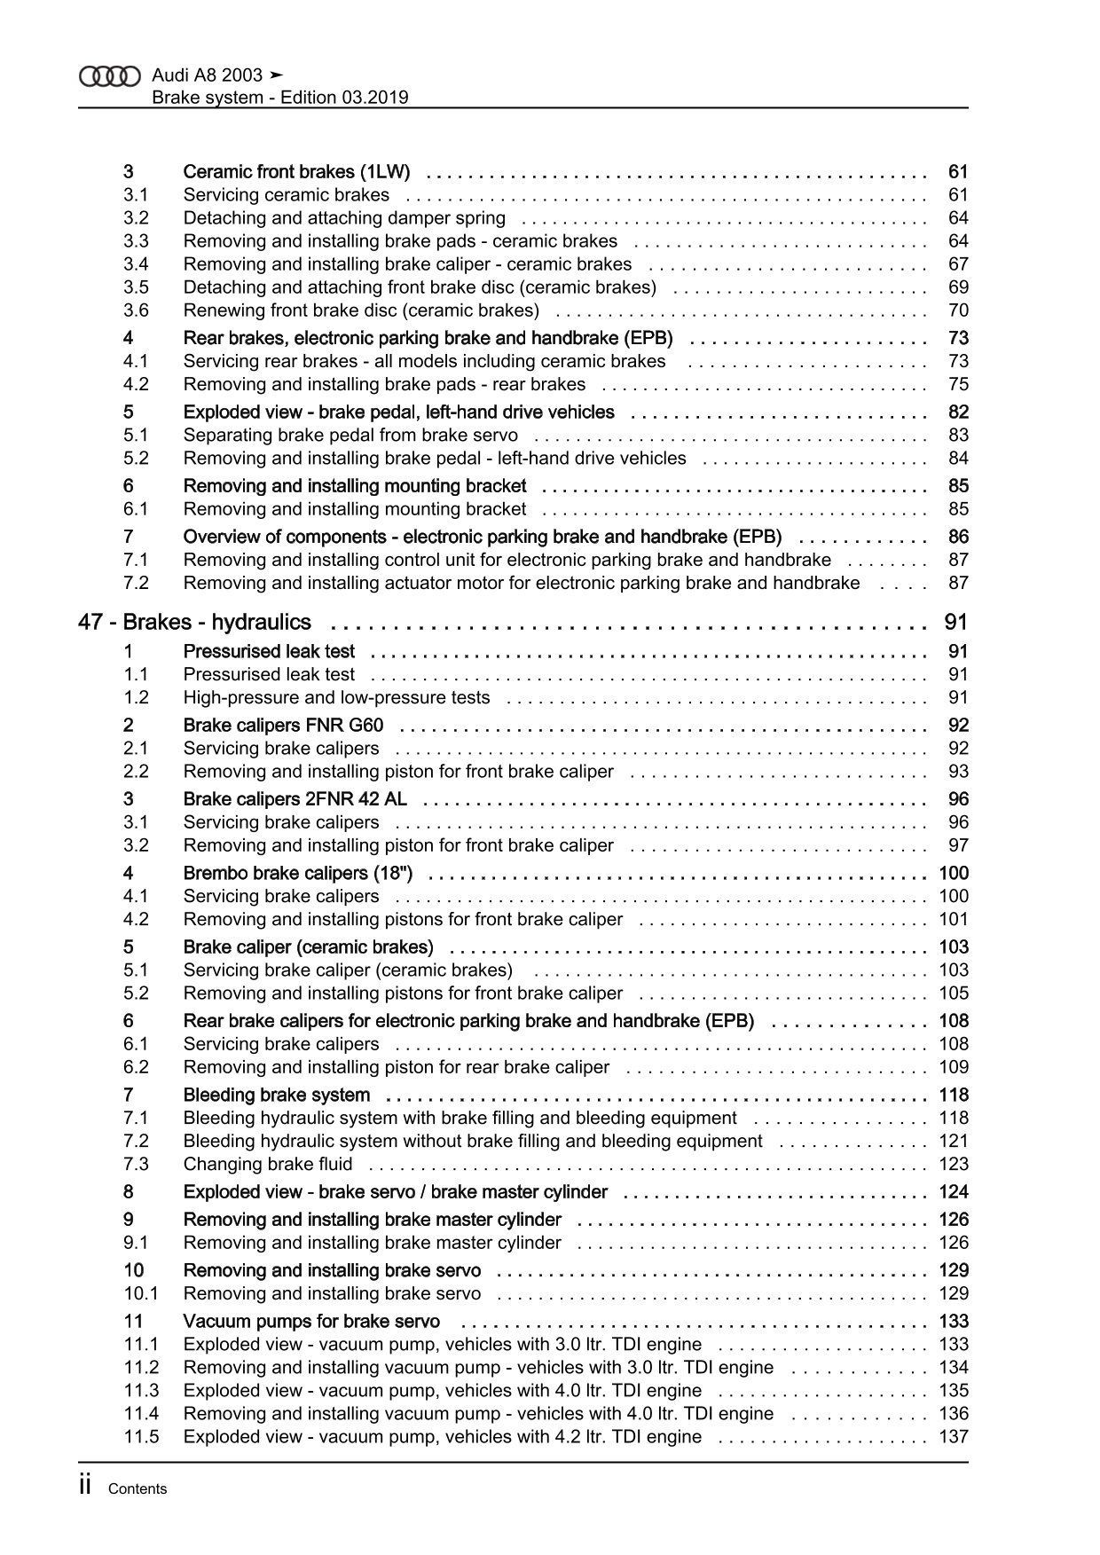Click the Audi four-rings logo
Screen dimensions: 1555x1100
pyautogui.click(x=110, y=77)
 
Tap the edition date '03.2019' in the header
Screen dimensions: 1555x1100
pyautogui.click(x=373, y=98)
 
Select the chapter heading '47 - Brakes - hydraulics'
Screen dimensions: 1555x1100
pyautogui.click(x=194, y=622)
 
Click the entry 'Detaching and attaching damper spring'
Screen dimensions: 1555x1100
pyautogui.click(x=344, y=218)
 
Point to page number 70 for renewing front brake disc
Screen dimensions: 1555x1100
pyautogui.click(x=958, y=310)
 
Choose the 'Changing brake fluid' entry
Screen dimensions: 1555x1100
pyautogui.click(x=268, y=1164)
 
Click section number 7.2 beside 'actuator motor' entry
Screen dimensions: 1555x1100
pyautogui.click(x=136, y=583)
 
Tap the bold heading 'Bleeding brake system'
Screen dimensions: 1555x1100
pyautogui.click(x=277, y=1095)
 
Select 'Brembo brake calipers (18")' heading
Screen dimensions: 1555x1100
pyautogui.click(x=298, y=873)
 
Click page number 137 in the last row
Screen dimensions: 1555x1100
pyautogui.click(x=954, y=1436)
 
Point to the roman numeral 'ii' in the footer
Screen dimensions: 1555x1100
pyautogui.click(x=85, y=1487)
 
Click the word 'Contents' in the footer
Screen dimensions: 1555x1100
pyautogui.click(x=137, y=1489)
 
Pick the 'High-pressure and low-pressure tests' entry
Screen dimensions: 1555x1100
pyautogui.click(x=336, y=697)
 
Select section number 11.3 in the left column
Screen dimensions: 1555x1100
pyautogui.click(x=141, y=1390)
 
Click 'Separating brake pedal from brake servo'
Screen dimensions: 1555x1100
pyautogui.click(x=350, y=435)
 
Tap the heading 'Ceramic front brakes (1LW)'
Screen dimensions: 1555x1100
pyautogui.click(x=296, y=171)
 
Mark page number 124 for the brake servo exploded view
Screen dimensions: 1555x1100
pyautogui.click(x=954, y=1191)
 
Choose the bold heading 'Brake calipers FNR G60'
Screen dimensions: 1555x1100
pyautogui.click(x=283, y=725)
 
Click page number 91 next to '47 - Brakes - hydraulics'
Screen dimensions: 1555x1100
pyautogui.click(x=955, y=622)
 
